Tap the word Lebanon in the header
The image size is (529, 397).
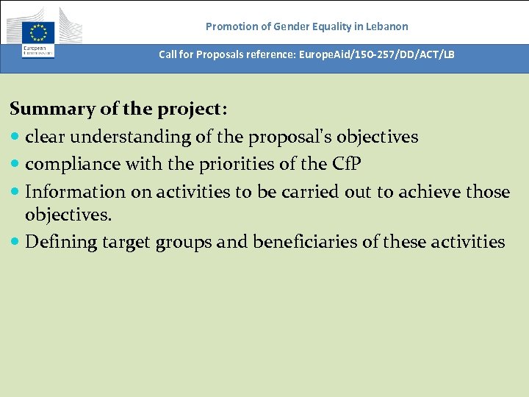(x=386, y=26)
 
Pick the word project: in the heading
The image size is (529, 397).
(x=192, y=110)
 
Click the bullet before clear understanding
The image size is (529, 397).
(x=15, y=137)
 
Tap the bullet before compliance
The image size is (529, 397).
(x=15, y=165)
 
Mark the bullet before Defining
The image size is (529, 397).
(x=15, y=243)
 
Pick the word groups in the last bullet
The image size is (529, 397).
(x=220, y=242)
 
